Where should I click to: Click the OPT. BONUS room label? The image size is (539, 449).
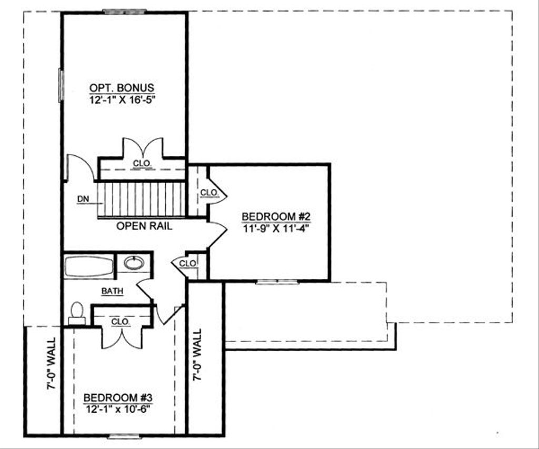coord(122,87)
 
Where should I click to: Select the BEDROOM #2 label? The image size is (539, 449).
coord(269,217)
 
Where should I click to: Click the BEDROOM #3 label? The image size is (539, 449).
coord(118,397)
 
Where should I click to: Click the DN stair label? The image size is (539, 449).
coord(83,199)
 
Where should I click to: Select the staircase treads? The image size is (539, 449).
coord(141,199)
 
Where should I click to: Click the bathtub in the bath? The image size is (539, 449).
coord(89,266)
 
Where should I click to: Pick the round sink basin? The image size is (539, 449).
coord(134,263)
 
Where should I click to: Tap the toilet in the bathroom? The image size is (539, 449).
coord(77,313)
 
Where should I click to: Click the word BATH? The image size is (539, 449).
coord(113,291)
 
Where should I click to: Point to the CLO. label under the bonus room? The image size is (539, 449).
coord(142,164)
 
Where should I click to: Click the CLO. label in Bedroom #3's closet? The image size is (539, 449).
coord(121,322)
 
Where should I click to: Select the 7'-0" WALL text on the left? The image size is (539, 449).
coord(51,371)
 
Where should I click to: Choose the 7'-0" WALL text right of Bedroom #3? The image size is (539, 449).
coord(197,355)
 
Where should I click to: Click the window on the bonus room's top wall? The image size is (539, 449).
coord(124,12)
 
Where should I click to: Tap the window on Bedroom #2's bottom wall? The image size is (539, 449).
coord(277,282)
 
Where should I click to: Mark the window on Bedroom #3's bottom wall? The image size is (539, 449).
coord(124,436)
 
